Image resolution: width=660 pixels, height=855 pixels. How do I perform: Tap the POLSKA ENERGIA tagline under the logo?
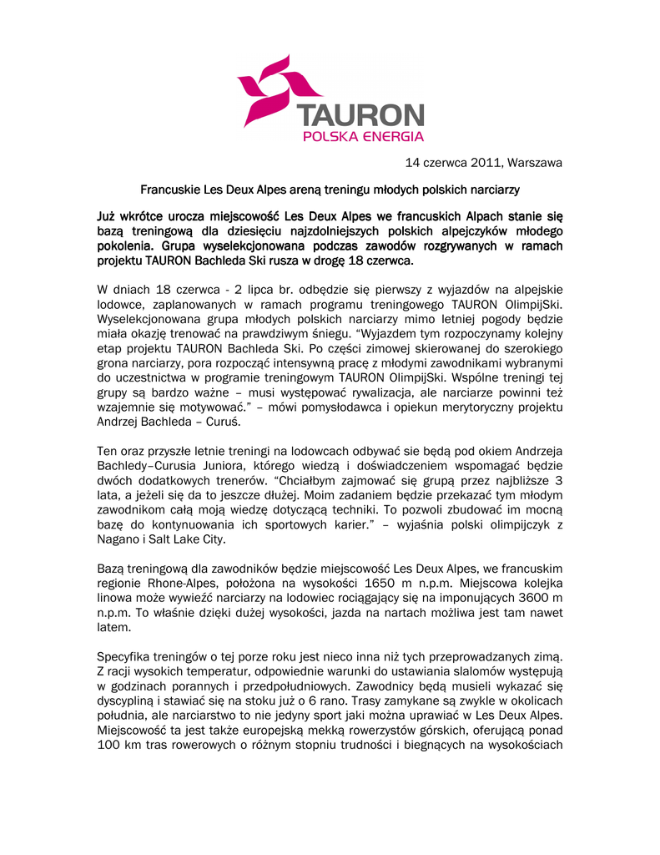(x=363, y=136)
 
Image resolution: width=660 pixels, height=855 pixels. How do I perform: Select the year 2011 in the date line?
(x=485, y=162)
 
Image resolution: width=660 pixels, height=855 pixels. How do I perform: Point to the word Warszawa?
(x=535, y=162)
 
